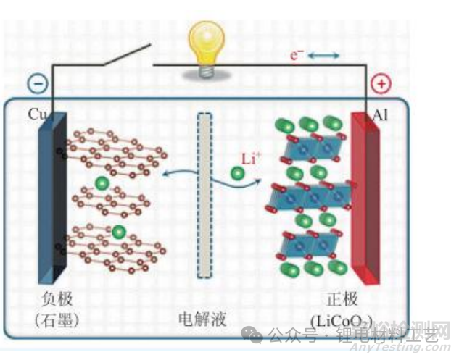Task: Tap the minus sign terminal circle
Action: (x=38, y=83)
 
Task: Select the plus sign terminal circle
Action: (x=380, y=83)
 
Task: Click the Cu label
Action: (x=38, y=114)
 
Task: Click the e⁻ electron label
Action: (x=296, y=55)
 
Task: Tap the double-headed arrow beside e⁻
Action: (x=323, y=55)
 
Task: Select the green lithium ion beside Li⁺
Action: (x=237, y=173)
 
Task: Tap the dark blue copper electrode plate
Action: (x=54, y=199)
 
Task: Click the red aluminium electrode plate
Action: (x=365, y=199)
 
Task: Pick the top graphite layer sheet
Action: (x=116, y=148)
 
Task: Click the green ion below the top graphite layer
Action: (x=101, y=182)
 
